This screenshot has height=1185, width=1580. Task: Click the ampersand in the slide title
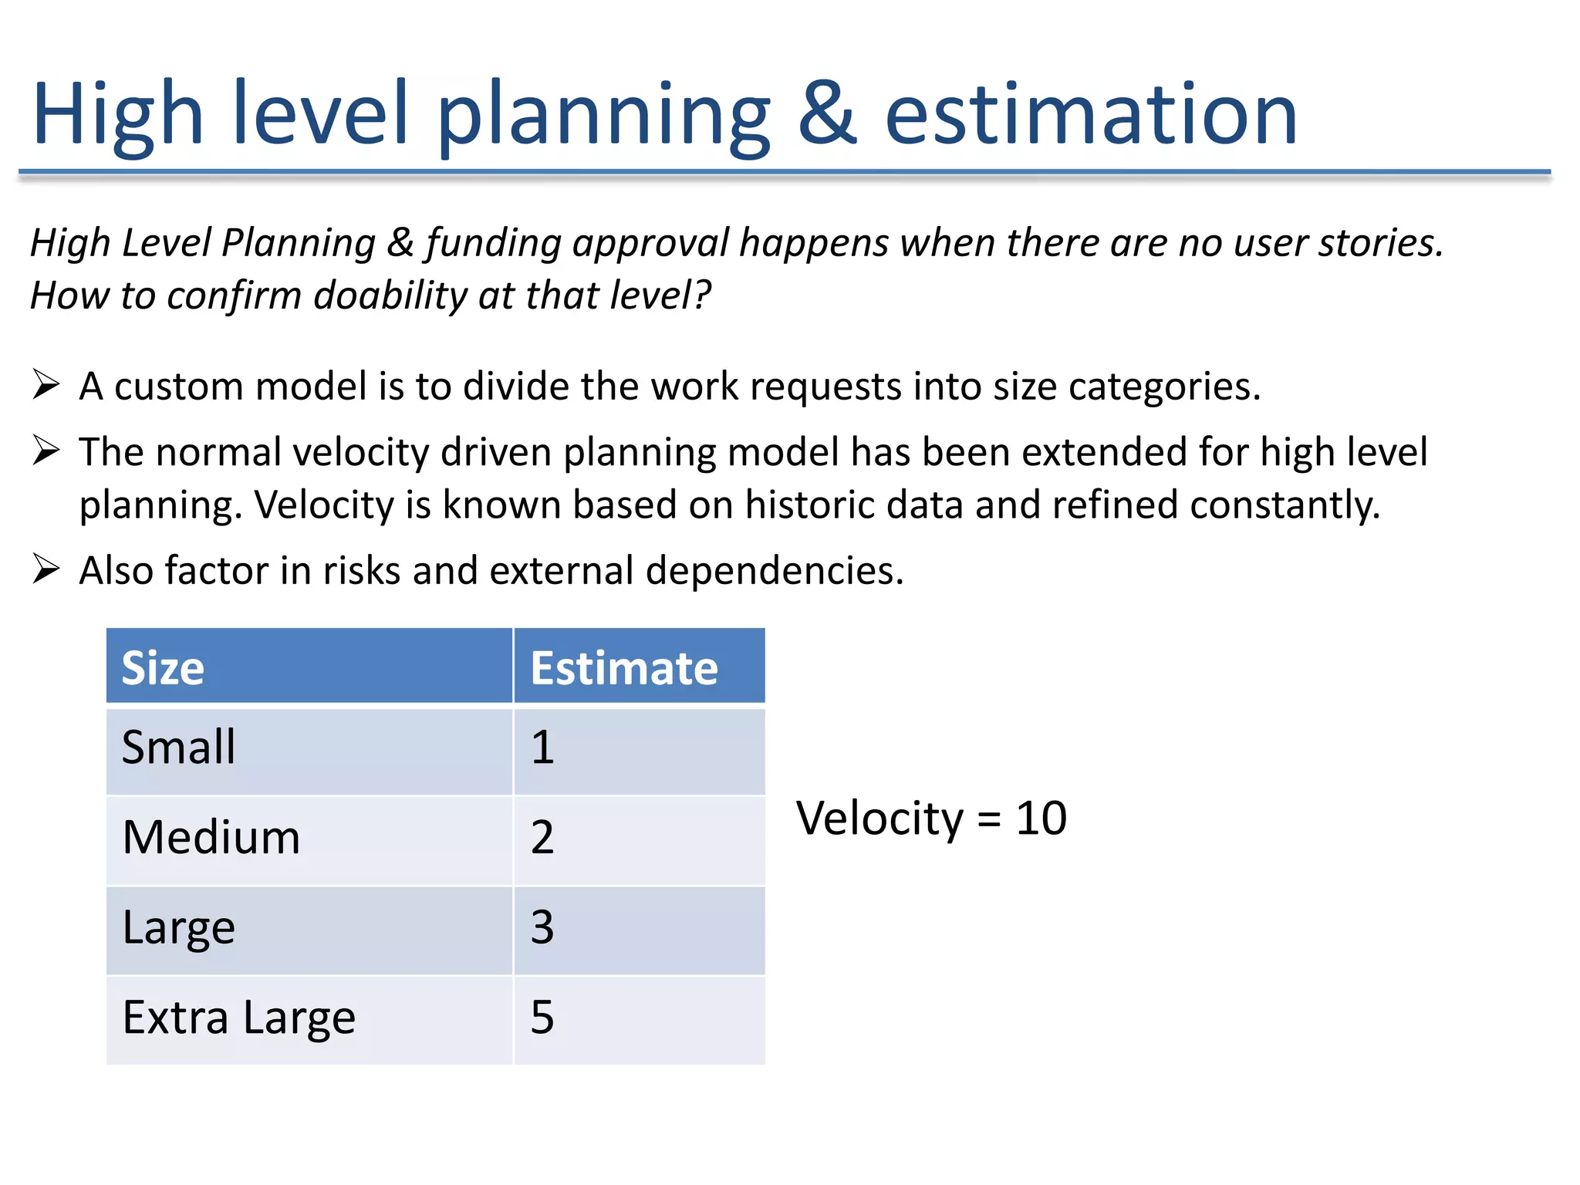click(x=826, y=114)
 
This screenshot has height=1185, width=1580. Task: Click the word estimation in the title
click(x=1090, y=116)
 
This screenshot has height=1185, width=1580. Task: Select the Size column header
click(x=163, y=667)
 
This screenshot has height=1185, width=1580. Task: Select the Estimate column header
click(x=623, y=667)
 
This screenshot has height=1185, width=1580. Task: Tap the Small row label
click(x=178, y=748)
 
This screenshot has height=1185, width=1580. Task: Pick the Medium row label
click(x=211, y=838)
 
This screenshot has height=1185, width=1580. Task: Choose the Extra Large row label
click(x=238, y=1018)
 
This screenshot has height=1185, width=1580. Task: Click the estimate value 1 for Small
click(x=542, y=748)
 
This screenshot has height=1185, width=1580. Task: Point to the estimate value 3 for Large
click(x=542, y=927)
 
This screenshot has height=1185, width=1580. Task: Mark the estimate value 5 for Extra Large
click(x=542, y=1018)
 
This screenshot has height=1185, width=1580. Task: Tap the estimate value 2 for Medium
click(x=542, y=838)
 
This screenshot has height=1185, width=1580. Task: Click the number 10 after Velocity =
click(x=1041, y=819)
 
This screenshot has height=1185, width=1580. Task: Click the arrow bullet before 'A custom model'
click(x=46, y=384)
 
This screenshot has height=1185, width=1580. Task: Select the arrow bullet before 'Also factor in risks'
click(x=46, y=569)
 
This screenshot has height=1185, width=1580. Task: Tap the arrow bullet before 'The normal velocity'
click(x=46, y=451)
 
